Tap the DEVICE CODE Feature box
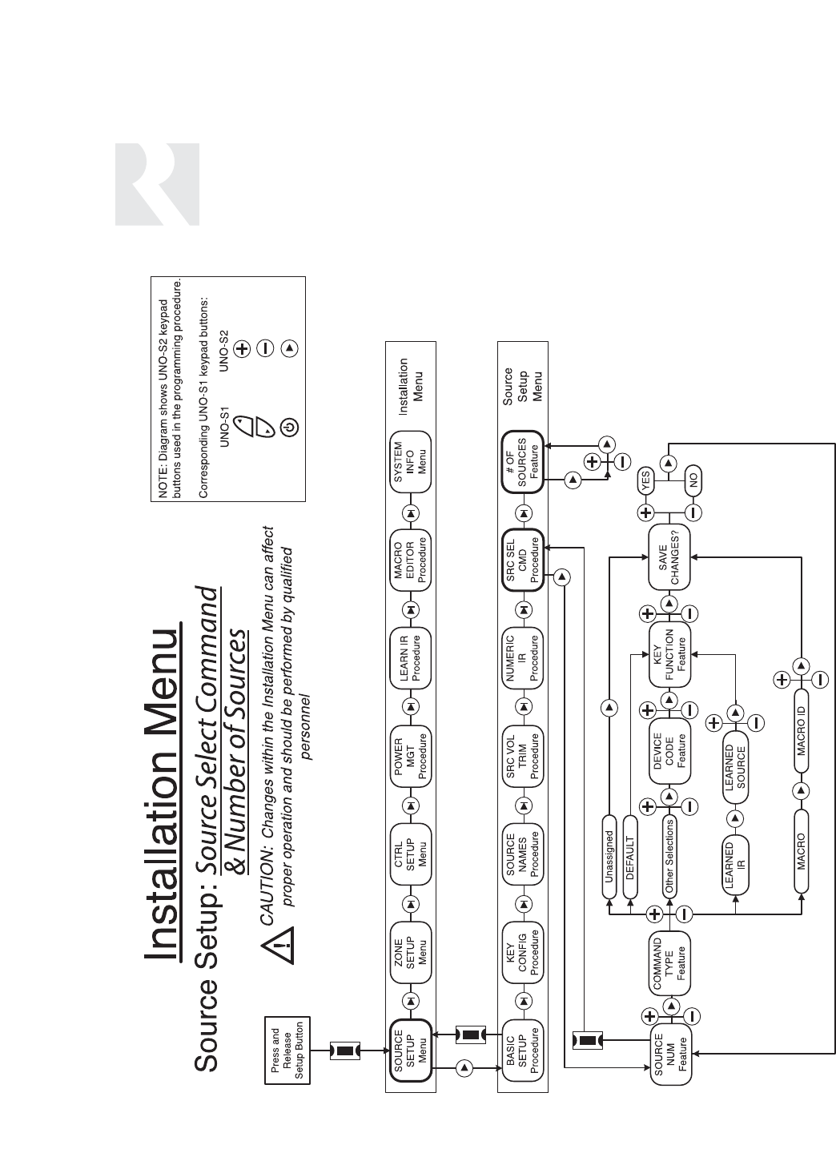click(669, 751)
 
